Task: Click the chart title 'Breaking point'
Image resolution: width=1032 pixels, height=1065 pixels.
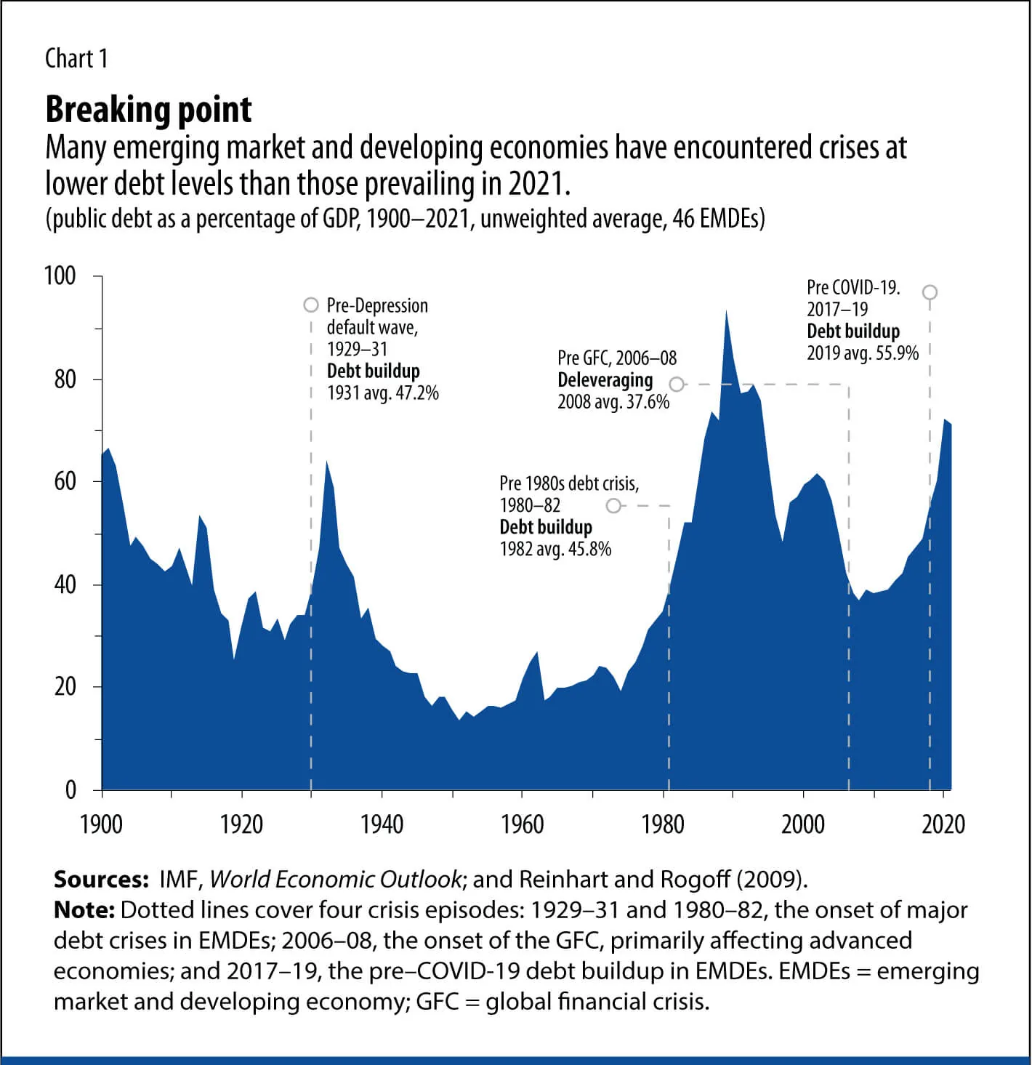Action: [x=148, y=110]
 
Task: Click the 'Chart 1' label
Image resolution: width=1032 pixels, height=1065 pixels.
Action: [x=76, y=59]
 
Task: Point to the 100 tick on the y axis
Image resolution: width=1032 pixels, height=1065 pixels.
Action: [x=60, y=276]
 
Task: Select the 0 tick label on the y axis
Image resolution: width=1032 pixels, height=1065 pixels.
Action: [x=70, y=789]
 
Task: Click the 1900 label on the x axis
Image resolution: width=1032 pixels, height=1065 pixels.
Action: [x=102, y=824]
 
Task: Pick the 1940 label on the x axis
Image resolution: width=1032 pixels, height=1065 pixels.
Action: [x=382, y=824]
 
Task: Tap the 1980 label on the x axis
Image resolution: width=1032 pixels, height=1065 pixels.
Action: [x=662, y=824]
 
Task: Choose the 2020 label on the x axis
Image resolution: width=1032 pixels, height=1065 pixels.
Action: [x=943, y=824]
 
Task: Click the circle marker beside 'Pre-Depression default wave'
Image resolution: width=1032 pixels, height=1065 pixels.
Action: [x=311, y=305]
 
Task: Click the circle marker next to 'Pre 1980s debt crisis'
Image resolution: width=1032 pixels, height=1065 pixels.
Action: [x=614, y=505]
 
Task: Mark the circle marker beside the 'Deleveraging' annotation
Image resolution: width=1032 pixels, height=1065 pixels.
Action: [x=677, y=384]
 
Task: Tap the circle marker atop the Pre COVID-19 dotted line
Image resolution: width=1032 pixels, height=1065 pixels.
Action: [x=930, y=292]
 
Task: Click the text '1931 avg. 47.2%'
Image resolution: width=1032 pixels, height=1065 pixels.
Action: [x=382, y=393]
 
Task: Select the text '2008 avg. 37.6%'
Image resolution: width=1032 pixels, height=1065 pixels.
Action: [x=613, y=402]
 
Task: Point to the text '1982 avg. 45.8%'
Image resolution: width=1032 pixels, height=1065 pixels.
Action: [x=555, y=549]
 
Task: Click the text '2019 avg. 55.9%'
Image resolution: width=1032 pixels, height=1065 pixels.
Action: [x=862, y=353]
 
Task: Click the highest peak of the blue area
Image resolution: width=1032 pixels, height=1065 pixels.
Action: [x=725, y=311]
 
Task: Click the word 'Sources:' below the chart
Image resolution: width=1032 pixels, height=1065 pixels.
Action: [x=102, y=879]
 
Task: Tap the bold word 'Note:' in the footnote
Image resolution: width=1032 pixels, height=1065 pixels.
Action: [x=84, y=910]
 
